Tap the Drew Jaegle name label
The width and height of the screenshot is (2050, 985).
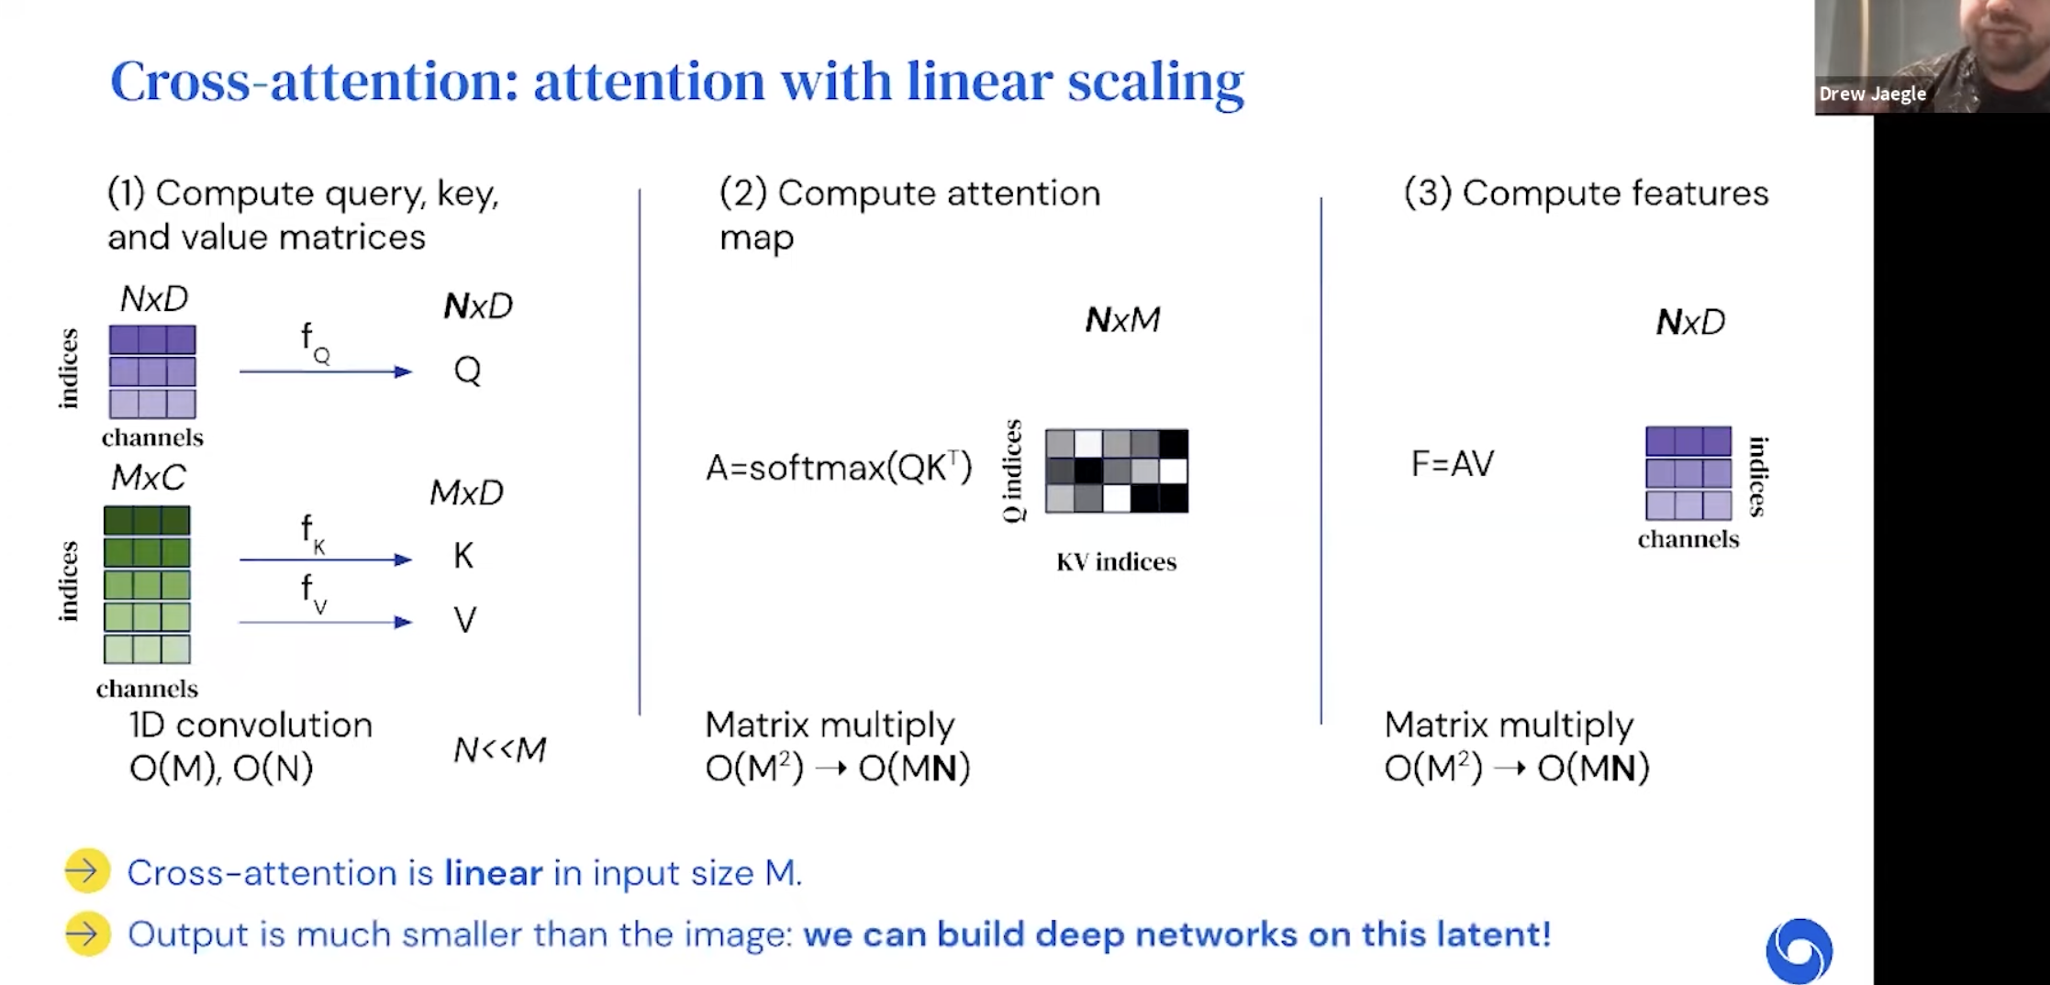click(x=1872, y=94)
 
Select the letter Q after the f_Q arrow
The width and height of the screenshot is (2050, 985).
click(x=467, y=371)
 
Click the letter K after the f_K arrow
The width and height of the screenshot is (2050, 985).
click(x=463, y=556)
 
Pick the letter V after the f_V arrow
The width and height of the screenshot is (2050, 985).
click(x=464, y=621)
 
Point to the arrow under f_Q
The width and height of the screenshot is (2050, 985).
click(x=326, y=371)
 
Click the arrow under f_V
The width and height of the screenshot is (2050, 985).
click(x=326, y=623)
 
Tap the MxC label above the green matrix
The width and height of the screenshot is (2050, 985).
click(x=148, y=478)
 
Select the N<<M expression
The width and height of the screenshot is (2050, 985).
click(x=500, y=750)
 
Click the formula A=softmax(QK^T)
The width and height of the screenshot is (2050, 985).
click(x=838, y=468)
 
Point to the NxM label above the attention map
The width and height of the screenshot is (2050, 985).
click(x=1122, y=320)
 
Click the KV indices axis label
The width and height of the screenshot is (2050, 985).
click(x=1116, y=561)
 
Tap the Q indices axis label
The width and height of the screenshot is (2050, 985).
click(x=1012, y=470)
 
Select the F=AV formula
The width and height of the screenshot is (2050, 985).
click(x=1452, y=464)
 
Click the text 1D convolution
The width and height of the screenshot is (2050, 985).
click(x=251, y=725)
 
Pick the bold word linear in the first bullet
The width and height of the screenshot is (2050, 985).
click(x=493, y=873)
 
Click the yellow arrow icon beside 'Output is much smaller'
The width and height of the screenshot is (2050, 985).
click(x=88, y=935)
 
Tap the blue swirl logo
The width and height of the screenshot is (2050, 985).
click(x=1799, y=950)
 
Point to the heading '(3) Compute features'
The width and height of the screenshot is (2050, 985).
click(x=1586, y=194)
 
